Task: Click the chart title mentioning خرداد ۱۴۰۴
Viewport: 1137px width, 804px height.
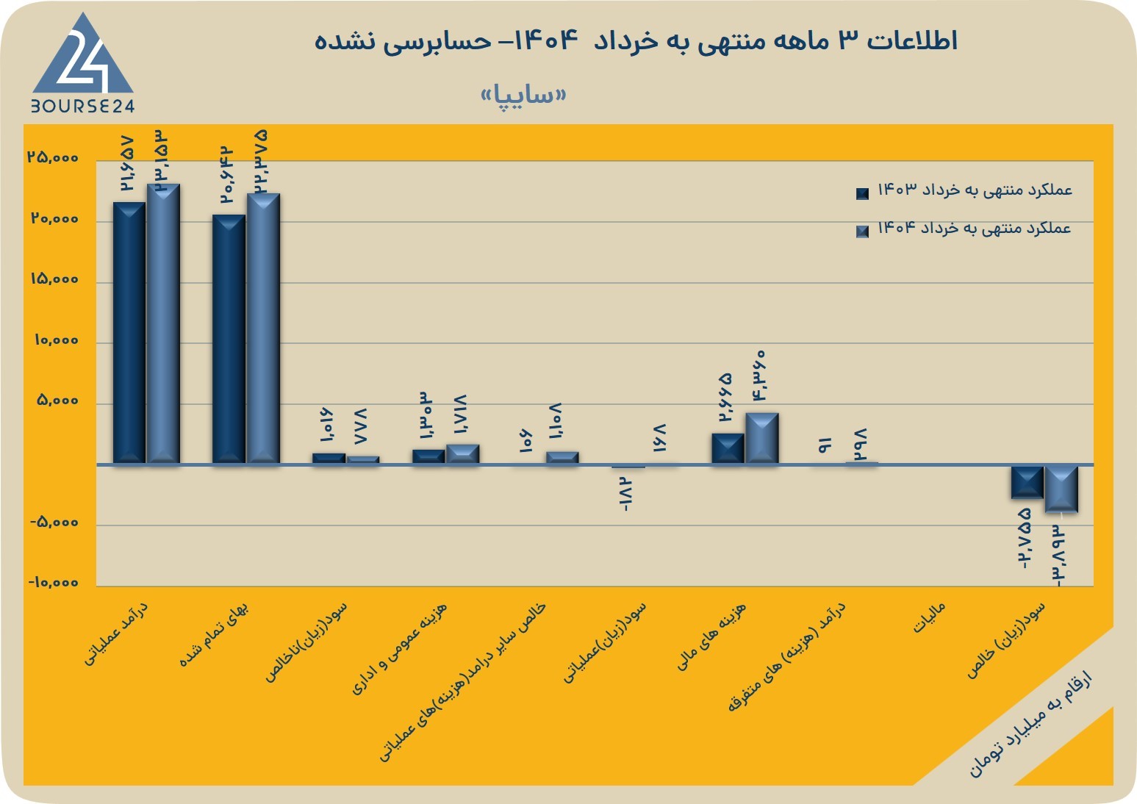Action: [x=636, y=40]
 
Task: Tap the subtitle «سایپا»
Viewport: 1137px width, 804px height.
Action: [x=523, y=95]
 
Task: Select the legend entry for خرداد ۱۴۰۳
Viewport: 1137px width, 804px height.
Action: [x=964, y=191]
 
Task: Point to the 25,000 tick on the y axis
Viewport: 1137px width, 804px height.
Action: [x=54, y=157]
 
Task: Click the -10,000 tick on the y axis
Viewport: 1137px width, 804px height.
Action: [x=54, y=582]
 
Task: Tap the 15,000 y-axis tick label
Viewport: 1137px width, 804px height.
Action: [x=55, y=279]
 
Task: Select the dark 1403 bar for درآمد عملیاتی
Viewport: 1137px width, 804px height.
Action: [x=129, y=333]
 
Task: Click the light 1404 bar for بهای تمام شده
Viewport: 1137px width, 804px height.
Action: [x=263, y=329]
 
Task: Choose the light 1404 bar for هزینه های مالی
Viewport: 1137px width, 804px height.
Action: [x=762, y=438]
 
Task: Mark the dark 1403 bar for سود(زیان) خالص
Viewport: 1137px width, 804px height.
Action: [x=1027, y=482]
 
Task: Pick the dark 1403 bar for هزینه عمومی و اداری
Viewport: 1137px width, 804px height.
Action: [x=428, y=456]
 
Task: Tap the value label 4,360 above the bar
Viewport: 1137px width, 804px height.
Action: [x=758, y=376]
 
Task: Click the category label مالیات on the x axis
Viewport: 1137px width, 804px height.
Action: [x=929, y=618]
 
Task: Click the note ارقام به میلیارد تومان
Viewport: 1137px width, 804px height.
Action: [x=1031, y=731]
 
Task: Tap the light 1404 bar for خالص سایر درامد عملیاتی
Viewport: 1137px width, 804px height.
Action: [x=562, y=458]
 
